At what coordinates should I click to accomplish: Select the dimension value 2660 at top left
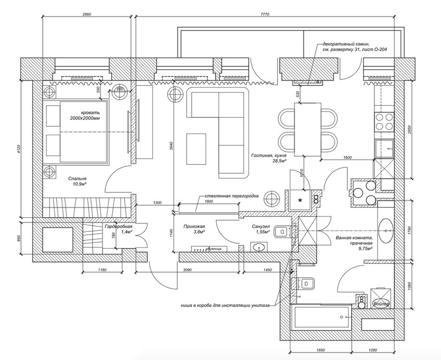(x=87, y=15)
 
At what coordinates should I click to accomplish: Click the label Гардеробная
(x=118, y=226)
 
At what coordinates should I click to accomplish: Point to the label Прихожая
(x=191, y=226)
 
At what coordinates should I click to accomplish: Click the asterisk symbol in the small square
(x=300, y=200)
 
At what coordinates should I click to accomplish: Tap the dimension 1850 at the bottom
(x=321, y=350)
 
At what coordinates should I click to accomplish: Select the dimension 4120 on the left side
(x=19, y=150)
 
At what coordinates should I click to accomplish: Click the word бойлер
(x=380, y=304)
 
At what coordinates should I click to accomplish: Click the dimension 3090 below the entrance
(x=188, y=270)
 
